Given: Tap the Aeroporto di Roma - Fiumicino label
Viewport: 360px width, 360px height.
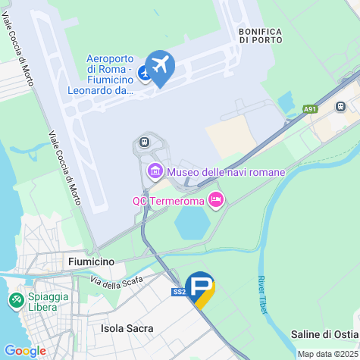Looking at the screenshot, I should pyautogui.click(x=111, y=74).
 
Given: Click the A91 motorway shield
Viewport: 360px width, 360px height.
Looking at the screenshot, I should pyautogui.click(x=311, y=109).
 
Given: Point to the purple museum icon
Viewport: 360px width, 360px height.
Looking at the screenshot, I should pyautogui.click(x=155, y=171).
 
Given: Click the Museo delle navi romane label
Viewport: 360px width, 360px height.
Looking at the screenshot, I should pyautogui.click(x=226, y=172).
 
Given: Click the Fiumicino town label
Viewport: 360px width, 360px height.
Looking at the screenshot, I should pyautogui.click(x=91, y=261).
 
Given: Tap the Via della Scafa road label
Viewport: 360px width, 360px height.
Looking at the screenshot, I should pyautogui.click(x=116, y=287).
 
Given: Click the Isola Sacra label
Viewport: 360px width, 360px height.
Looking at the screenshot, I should pyautogui.click(x=127, y=328).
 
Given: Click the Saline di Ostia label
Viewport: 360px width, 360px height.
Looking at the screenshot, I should pyautogui.click(x=324, y=334).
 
